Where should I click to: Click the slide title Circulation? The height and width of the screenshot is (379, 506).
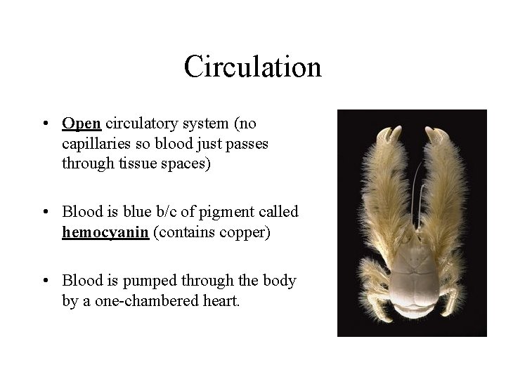(252, 67)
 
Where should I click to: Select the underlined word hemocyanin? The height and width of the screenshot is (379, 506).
(105, 232)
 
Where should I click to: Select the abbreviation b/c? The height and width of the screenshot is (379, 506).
(193, 212)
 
